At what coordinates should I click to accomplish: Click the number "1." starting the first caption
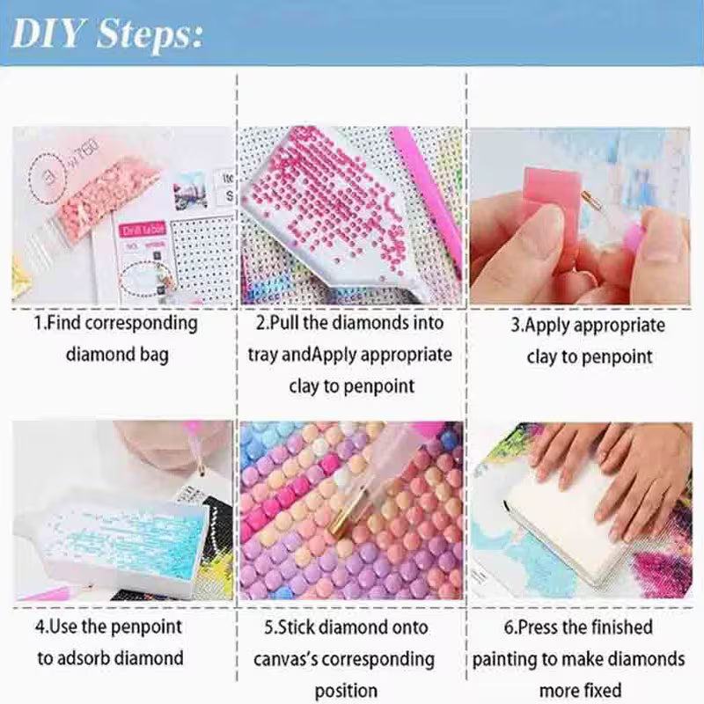pos(40,323)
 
